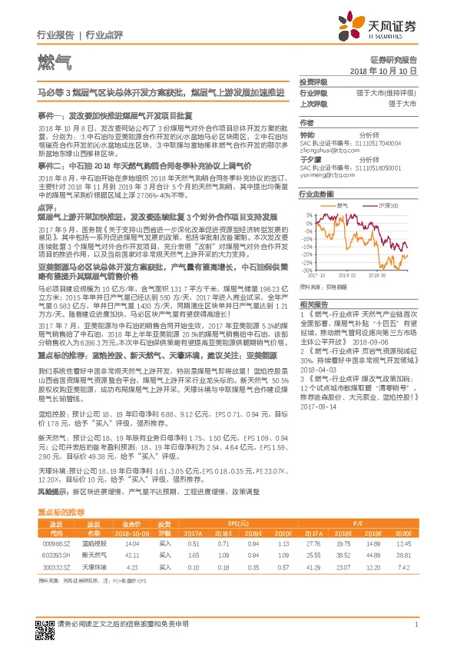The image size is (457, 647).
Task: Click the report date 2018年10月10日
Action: coord(393,70)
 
